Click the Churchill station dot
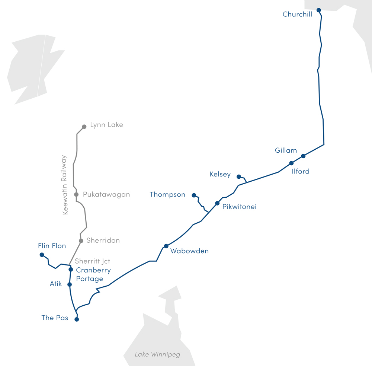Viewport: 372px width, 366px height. [x=318, y=10]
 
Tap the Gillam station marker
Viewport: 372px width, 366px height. [x=303, y=156]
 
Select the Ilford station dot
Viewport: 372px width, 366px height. [x=291, y=163]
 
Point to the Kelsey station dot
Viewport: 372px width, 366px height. [x=239, y=176]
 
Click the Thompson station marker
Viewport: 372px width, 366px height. [x=194, y=195]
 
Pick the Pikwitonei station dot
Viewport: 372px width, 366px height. [x=217, y=203]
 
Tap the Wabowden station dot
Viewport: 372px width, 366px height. [x=166, y=246]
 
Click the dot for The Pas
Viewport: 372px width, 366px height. [x=77, y=319]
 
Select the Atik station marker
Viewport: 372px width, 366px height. [x=69, y=284]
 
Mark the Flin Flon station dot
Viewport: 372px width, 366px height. [x=42, y=255]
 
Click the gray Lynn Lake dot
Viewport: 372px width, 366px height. [x=84, y=127]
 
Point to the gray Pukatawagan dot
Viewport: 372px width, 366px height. [x=76, y=194]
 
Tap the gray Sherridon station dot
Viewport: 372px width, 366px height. [x=81, y=241]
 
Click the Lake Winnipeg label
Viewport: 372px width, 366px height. [x=157, y=354]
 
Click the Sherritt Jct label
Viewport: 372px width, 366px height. [x=93, y=261]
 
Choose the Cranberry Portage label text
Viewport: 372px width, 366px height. [x=93, y=274]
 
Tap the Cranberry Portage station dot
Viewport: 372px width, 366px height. [x=71, y=270]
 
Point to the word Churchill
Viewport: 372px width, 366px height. [x=297, y=15]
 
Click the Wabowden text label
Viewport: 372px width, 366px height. [x=189, y=251]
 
